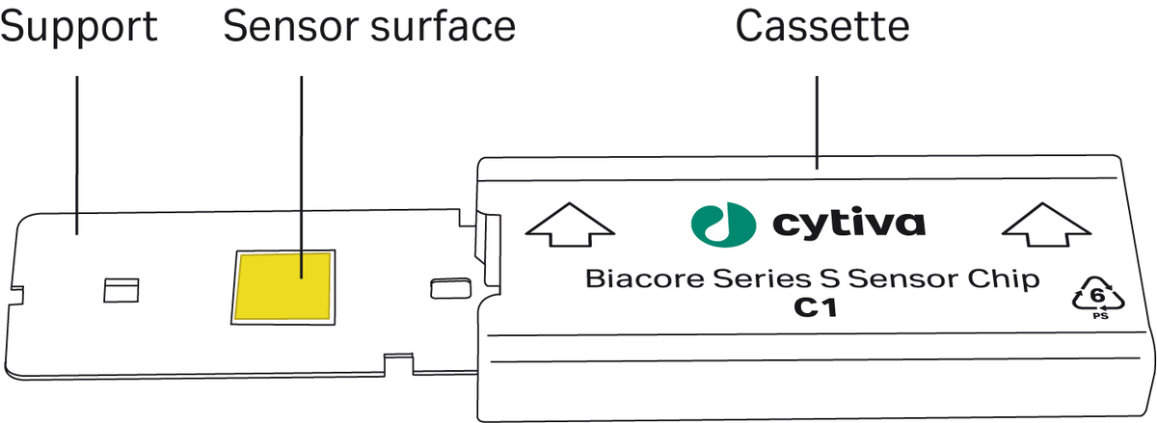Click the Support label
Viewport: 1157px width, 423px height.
78,28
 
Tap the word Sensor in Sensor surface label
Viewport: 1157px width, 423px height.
292,26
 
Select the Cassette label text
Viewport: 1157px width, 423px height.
822,26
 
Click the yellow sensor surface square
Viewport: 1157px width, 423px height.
283,286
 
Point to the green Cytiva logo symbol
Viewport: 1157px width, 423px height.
724,225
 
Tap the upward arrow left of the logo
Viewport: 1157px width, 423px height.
570,225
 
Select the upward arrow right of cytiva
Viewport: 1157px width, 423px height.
1046,225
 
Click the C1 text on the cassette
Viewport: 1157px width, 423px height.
815,308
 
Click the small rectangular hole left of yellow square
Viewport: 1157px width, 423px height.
121,290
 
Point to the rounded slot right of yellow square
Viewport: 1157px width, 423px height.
450,289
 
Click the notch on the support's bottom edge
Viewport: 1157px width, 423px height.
398,364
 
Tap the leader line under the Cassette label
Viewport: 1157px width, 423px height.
817,123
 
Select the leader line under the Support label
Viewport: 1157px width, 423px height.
77,155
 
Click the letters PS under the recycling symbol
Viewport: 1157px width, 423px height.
1101,316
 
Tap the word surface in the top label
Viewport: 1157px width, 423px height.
444,26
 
